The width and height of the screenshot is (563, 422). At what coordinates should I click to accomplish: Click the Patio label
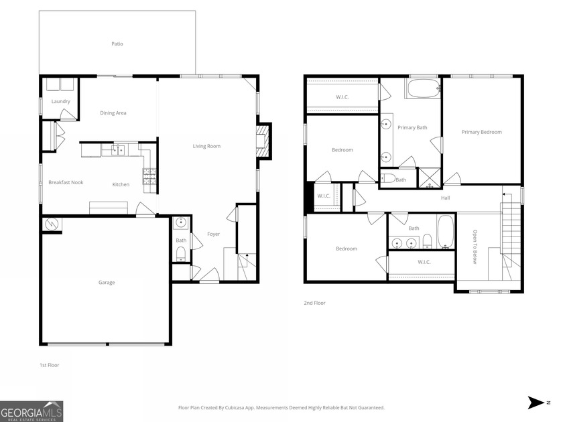click(117, 44)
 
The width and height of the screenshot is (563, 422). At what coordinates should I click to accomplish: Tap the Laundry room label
click(61, 101)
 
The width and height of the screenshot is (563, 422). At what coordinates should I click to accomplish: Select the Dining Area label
click(113, 113)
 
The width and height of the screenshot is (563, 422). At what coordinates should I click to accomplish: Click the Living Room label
click(206, 146)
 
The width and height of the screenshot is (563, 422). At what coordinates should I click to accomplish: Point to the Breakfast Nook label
click(66, 182)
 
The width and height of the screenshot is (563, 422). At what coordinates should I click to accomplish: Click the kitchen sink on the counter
click(118, 150)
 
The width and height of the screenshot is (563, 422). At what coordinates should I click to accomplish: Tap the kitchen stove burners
click(148, 175)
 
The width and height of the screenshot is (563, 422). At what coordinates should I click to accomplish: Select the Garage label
click(107, 283)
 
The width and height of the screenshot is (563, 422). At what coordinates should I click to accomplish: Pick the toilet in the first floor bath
click(180, 253)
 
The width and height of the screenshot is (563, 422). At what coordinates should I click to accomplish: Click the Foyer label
click(213, 234)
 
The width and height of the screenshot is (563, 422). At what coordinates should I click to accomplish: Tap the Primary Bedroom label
click(481, 132)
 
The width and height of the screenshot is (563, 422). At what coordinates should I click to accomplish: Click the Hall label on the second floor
click(445, 198)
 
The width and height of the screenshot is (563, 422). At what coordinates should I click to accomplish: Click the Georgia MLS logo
click(32, 411)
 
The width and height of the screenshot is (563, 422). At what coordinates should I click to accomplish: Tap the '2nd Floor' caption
click(314, 303)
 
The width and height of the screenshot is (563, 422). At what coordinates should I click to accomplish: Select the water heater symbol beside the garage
click(52, 224)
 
